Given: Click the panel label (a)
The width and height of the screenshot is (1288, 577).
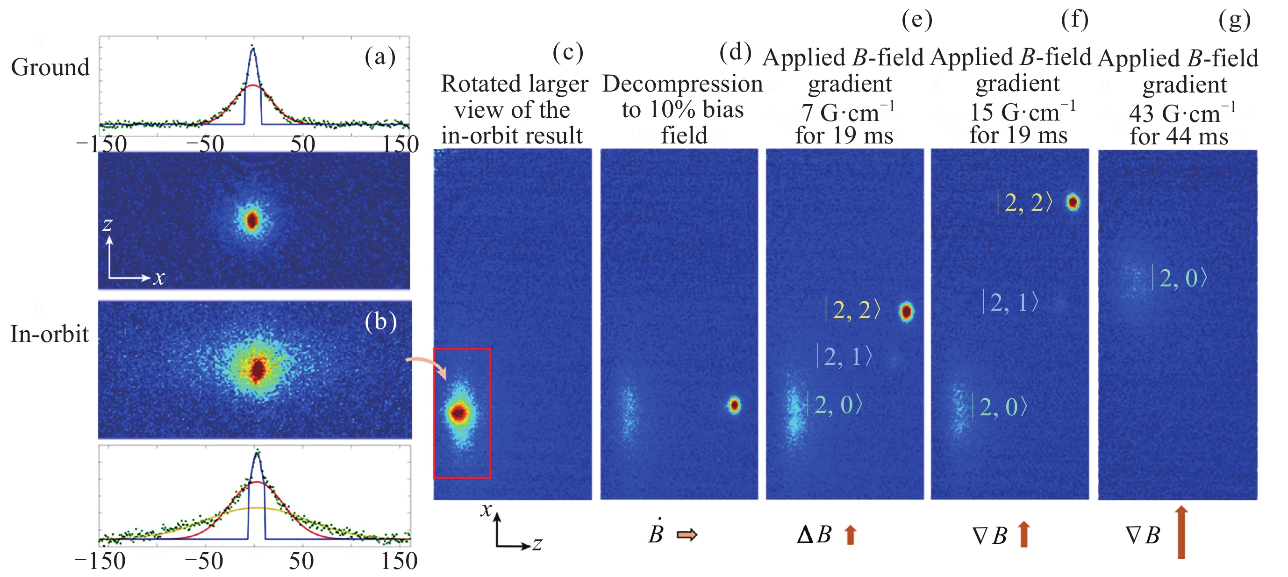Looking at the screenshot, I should [x=380, y=57].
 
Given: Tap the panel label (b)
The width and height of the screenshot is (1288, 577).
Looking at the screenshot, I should [x=380, y=321].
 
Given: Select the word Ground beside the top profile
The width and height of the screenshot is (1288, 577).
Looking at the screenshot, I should [x=50, y=67].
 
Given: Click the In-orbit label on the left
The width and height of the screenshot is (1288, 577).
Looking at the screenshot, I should [x=49, y=334].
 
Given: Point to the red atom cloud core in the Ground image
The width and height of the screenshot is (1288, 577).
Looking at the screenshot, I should [x=252, y=220].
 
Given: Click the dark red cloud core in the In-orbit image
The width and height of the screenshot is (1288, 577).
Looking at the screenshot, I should [x=258, y=370].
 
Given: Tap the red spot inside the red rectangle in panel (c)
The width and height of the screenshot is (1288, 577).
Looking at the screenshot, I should [x=458, y=413].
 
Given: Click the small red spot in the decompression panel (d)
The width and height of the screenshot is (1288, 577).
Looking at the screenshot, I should [x=734, y=405].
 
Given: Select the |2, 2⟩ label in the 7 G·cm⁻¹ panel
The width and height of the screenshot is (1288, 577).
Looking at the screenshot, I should [x=852, y=310].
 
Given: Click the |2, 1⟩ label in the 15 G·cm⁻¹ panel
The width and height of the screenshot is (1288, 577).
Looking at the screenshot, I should [x=1010, y=302].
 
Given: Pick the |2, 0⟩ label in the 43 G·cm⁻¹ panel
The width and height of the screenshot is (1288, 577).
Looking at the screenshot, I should [x=1180, y=278].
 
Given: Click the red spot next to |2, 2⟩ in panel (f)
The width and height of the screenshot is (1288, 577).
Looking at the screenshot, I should [x=1073, y=202].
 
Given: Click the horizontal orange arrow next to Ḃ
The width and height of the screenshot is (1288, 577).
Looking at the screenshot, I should [x=687, y=535].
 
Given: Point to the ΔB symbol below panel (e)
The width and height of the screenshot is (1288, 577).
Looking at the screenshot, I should [x=814, y=534].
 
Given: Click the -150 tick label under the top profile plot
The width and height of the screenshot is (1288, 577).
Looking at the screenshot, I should [x=101, y=144].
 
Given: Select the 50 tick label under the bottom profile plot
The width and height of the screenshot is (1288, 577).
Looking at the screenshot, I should [x=301, y=561].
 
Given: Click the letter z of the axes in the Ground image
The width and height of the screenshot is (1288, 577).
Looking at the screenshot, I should [x=107, y=225].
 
